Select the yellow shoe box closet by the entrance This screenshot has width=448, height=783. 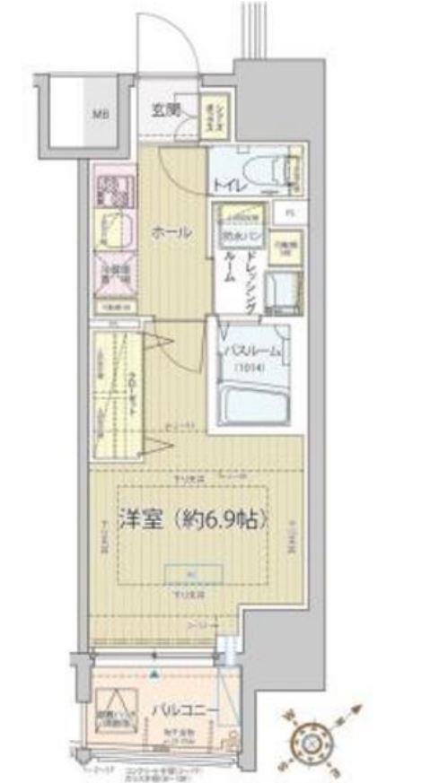215,113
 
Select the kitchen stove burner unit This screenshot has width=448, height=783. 114,187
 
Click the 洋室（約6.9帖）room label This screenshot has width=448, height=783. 193,519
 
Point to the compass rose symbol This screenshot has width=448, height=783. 312,741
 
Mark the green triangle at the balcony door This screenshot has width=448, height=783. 154,673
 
